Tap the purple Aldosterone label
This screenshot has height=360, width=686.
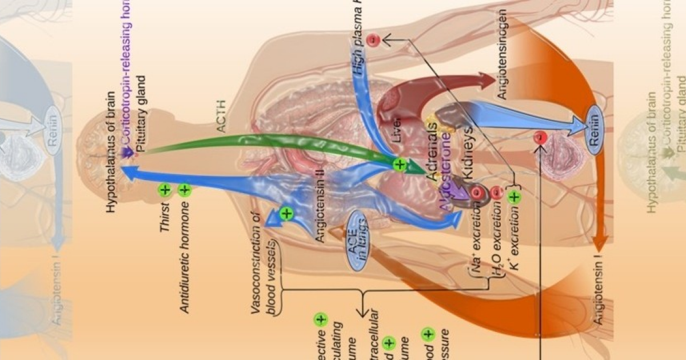(449, 178)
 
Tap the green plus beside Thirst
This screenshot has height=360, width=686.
(165, 190)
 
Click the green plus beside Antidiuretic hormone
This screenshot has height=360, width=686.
(184, 190)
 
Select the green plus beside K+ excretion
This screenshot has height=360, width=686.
(514, 198)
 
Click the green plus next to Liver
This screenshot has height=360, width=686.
(400, 165)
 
